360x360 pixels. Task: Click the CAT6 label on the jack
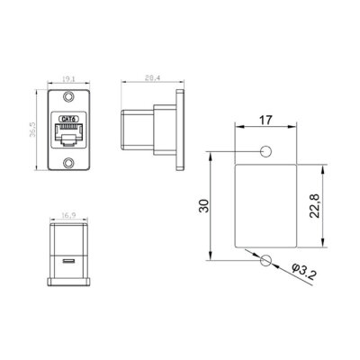click(66, 118)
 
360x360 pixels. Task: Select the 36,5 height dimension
click(31, 132)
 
